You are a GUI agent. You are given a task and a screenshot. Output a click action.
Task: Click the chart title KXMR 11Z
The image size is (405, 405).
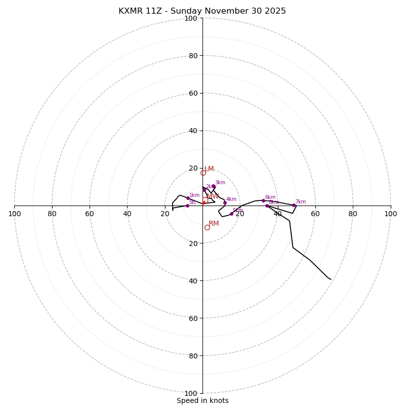coord(202,11)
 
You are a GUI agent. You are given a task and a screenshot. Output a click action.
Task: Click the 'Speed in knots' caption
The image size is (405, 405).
coord(202,400)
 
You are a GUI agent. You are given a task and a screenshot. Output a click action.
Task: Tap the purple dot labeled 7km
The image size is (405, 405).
coord(294,205)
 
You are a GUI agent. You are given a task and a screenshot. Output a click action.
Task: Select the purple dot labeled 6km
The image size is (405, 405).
coord(263,200)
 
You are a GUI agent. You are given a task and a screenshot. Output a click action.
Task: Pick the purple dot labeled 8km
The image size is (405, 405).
coord(267,206)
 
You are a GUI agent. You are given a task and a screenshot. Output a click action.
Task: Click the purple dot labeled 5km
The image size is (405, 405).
coord(231,214)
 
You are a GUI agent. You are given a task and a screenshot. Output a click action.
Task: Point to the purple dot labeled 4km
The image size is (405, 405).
coord(225,202)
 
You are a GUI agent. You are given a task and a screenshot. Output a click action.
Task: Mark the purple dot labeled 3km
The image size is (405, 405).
coord(214,186)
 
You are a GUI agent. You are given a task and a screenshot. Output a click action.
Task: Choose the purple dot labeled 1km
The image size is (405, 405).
coord(188,198)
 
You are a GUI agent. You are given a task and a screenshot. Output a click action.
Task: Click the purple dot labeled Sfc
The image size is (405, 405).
coord(187,206)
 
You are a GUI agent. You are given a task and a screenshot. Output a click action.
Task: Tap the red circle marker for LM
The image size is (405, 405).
coord(203,173)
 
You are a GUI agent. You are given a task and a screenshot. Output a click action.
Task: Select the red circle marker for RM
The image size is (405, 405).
coord(207,227)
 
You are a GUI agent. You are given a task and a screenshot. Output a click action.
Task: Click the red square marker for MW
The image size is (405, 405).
coord(205,200)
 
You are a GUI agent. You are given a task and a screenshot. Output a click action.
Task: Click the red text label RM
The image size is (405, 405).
coord(214,223)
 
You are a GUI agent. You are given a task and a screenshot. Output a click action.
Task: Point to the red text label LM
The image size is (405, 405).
coord(209,169)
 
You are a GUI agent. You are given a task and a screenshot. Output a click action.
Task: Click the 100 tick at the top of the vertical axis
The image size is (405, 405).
coord(191,18)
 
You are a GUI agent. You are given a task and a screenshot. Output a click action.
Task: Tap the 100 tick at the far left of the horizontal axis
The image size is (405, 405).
coord(14,214)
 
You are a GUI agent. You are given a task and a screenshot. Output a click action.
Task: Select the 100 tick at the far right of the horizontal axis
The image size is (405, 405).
coord(391,214)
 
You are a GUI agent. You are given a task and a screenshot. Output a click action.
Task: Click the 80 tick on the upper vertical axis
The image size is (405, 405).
coord(192,56)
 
